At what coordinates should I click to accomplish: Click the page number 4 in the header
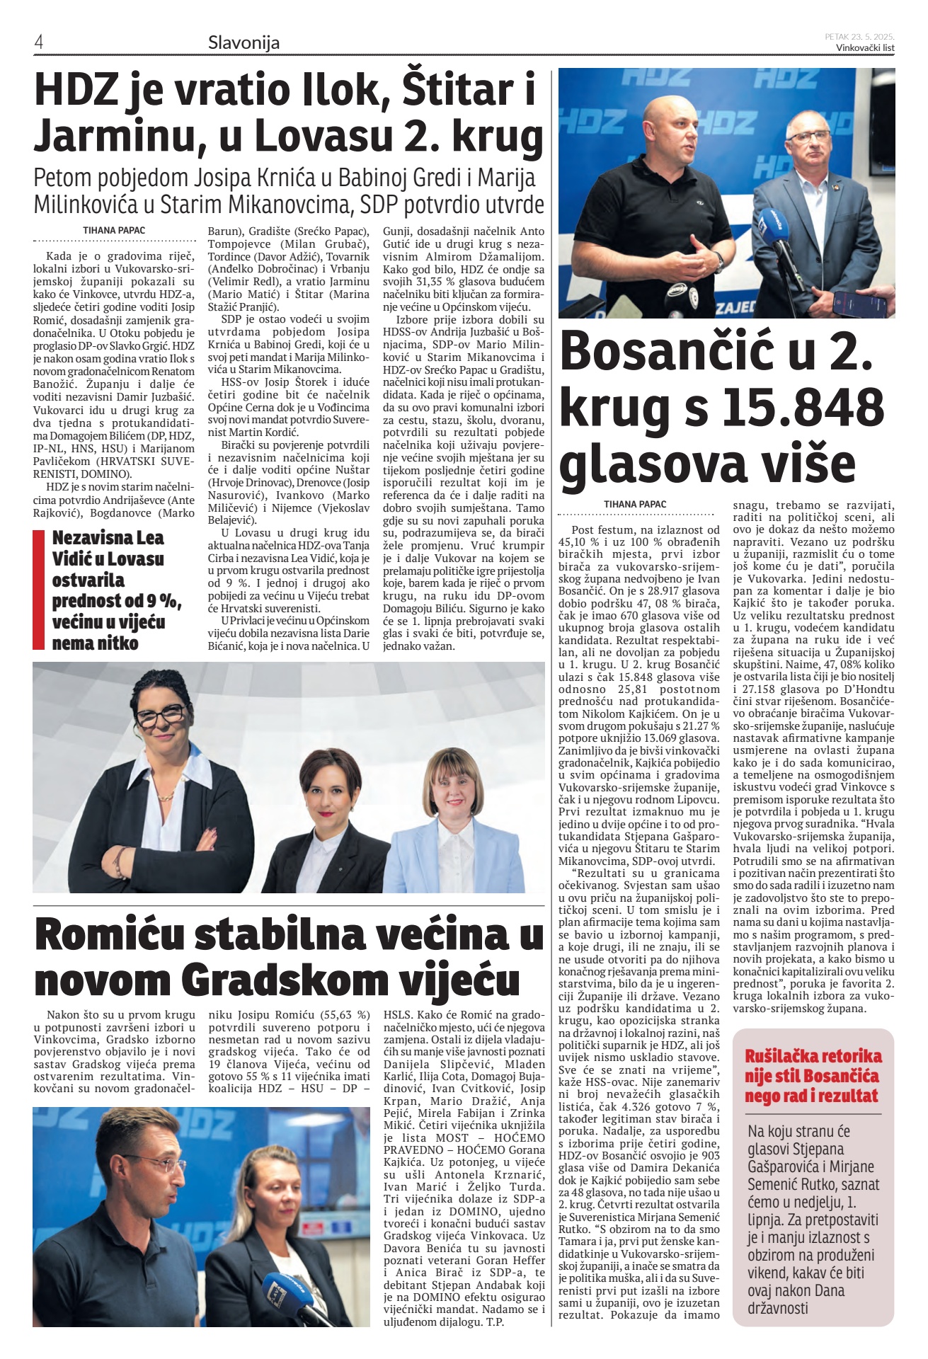click(x=39, y=42)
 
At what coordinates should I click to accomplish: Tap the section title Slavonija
click(x=244, y=42)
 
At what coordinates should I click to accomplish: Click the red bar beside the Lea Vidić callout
click(x=39, y=590)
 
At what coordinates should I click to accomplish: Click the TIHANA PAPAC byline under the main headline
click(x=114, y=230)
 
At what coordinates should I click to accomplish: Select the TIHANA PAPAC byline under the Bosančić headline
click(x=635, y=504)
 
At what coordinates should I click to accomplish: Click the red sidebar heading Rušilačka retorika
click(x=813, y=1057)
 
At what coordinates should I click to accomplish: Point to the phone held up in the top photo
click(x=859, y=304)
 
